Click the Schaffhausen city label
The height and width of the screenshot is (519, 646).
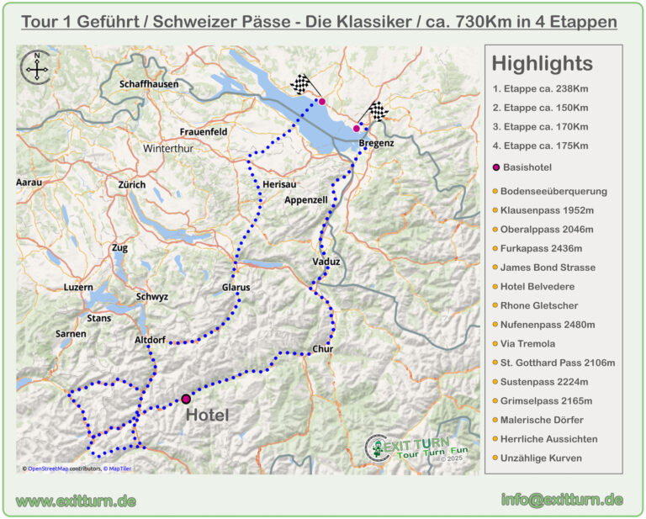[x=149, y=85]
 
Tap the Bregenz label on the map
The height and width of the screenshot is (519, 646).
[x=376, y=144]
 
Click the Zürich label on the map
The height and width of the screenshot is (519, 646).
[x=132, y=184]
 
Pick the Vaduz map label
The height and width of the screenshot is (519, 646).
[x=326, y=262]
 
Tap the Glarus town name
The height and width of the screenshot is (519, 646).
[x=236, y=288]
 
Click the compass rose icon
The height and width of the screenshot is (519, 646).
[x=37, y=66]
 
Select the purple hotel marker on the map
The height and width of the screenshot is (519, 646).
[x=186, y=399]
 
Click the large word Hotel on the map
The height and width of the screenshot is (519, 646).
[x=207, y=415]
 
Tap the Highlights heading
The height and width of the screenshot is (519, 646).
[x=542, y=64]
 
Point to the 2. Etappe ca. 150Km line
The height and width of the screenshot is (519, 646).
[x=540, y=108]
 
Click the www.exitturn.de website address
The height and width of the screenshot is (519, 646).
[x=77, y=500]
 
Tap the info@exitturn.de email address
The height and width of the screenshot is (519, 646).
[x=561, y=500]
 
